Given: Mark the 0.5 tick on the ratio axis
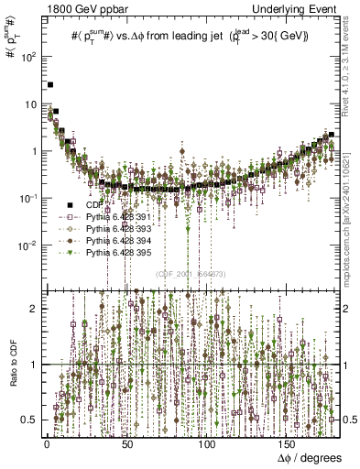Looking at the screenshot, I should (29, 420).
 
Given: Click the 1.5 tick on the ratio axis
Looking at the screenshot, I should (29, 336).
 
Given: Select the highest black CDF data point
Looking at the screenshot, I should (51, 85).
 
